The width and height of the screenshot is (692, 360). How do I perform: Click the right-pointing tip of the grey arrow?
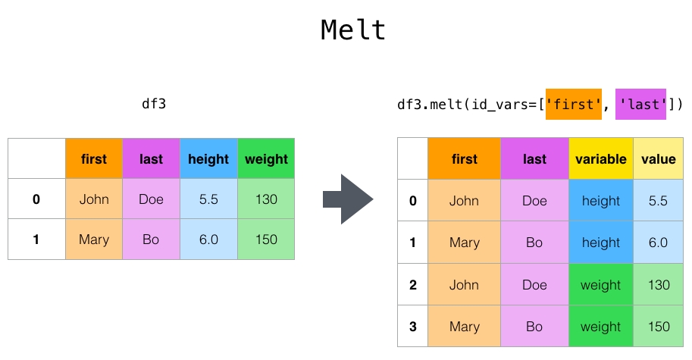pyautogui.click(x=374, y=199)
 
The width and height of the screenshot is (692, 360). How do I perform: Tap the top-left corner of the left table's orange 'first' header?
pyautogui.click(x=66, y=139)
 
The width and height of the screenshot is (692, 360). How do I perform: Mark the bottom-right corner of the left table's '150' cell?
pyautogui.click(x=294, y=259)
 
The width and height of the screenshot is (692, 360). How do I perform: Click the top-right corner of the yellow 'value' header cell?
pyautogui.click(x=683, y=138)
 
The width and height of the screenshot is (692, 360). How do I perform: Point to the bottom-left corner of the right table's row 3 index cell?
pyautogui.click(x=398, y=347)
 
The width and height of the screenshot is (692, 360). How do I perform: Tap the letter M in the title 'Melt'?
pyautogui.click(x=331, y=30)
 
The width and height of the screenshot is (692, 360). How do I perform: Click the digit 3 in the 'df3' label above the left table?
pyautogui.click(x=162, y=104)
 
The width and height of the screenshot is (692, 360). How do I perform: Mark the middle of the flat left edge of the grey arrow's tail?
pyautogui.click(x=324, y=199)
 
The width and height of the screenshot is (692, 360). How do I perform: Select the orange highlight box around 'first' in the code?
pyautogui.click(x=573, y=104)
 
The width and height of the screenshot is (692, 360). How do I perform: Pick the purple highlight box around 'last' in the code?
pyautogui.click(x=640, y=104)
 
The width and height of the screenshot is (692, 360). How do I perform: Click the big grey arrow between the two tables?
pyautogui.click(x=348, y=199)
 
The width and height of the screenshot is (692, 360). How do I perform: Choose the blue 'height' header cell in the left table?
pyautogui.click(x=208, y=158)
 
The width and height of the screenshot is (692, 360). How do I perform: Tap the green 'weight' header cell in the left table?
pyautogui.click(x=266, y=158)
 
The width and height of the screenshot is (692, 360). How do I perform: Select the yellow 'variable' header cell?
pyautogui.click(x=601, y=158)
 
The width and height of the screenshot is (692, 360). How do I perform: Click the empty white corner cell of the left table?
pyautogui.click(x=36, y=158)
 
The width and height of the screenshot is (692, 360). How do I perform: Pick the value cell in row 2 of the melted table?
pyautogui.click(x=659, y=284)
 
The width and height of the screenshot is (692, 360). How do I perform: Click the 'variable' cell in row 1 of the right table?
pyautogui.click(x=601, y=243)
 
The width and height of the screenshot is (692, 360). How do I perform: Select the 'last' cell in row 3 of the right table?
pyautogui.click(x=534, y=327)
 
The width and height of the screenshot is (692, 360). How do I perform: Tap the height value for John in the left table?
pyautogui.click(x=208, y=199)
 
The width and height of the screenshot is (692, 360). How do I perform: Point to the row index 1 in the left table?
pyautogui.click(x=36, y=239)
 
